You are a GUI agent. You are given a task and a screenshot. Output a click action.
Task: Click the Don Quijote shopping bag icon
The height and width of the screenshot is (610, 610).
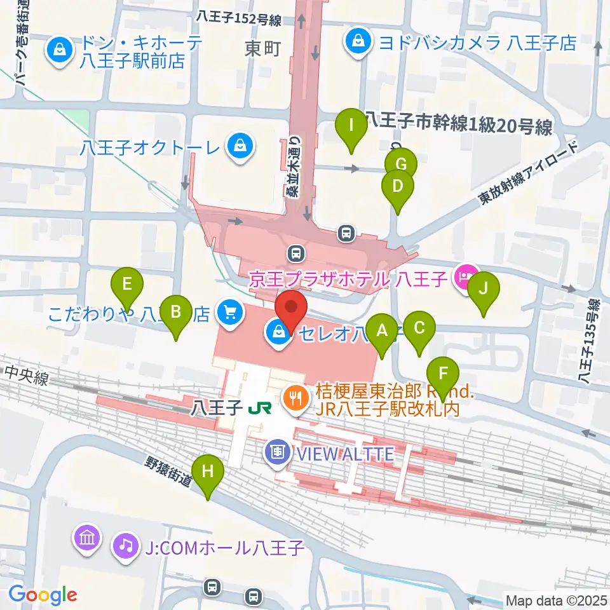59,51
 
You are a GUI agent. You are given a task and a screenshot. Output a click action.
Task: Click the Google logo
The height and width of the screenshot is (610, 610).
43,595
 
